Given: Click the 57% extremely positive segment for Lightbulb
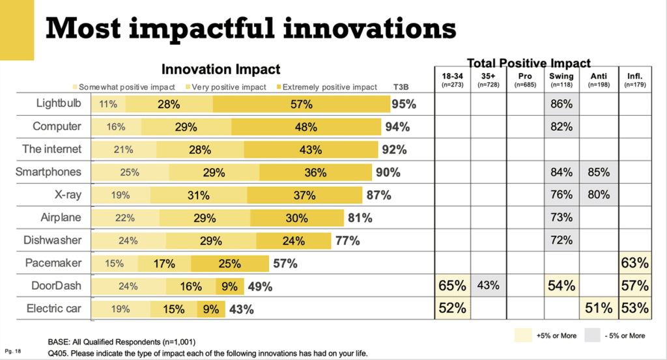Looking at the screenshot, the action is [302, 104].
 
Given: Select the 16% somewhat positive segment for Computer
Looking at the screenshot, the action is [116, 127].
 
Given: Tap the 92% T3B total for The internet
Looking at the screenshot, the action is [394, 150].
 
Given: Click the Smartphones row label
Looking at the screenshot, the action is [48, 172].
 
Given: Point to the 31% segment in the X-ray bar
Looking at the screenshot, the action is [199, 195].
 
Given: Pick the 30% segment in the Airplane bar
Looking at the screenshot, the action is [297, 218].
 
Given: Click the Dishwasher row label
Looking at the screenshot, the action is [52, 240].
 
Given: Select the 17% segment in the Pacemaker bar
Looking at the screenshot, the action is [165, 264].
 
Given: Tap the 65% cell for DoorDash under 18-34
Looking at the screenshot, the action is [453, 285].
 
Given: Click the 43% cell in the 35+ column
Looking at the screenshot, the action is [489, 285].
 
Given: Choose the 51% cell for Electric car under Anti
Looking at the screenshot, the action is [599, 308].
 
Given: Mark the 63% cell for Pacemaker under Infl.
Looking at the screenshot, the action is [634, 262].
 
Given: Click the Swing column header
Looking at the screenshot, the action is [561, 79].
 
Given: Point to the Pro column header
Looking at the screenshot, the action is [525, 79].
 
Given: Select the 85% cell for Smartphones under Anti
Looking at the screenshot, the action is [599, 172].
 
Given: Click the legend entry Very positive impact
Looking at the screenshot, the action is [226, 87].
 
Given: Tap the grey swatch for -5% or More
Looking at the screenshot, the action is [592, 335].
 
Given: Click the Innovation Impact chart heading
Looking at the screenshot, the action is [221, 69].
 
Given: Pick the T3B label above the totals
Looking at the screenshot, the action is [401, 87].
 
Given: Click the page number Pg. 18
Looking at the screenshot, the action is [13, 351].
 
